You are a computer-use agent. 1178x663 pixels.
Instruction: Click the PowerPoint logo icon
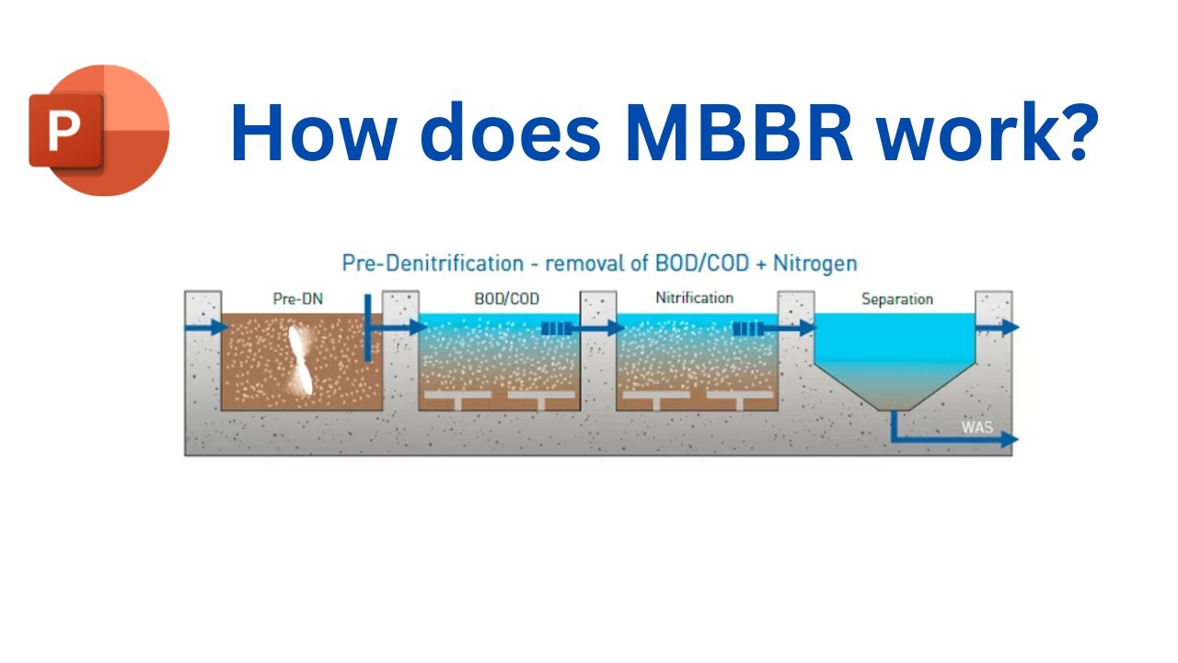point(99,130)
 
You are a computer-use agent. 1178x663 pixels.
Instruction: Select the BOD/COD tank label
point(506,299)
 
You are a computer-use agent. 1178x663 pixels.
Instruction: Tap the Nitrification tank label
point(694,298)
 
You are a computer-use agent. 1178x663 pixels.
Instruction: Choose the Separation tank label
point(896,299)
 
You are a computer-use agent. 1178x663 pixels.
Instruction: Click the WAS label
point(977,427)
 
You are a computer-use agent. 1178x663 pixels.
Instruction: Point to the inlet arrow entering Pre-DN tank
point(207,327)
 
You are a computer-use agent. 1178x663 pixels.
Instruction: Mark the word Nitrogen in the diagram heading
point(814,263)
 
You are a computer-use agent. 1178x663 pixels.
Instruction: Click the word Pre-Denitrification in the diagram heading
point(433,263)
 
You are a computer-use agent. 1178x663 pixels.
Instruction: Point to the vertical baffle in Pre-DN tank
point(367,328)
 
